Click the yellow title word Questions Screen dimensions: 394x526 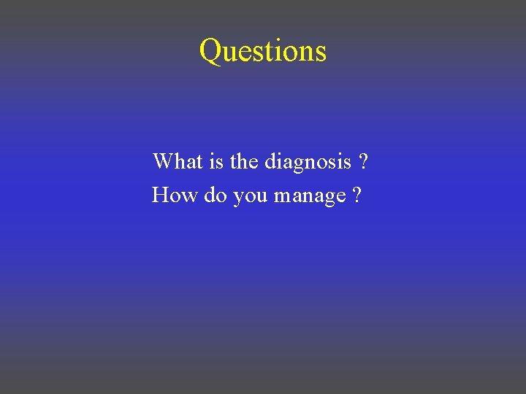[263, 51]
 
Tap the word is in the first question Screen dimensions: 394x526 [217, 161]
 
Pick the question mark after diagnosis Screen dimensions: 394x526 [363, 161]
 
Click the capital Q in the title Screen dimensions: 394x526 [211, 51]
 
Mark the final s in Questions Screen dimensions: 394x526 [321, 53]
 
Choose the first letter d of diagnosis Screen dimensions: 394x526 [270, 161]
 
